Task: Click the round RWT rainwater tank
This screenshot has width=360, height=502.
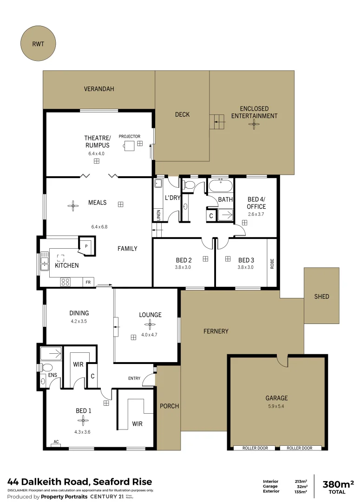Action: click(38, 45)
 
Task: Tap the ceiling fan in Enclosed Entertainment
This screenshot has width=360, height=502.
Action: click(254, 124)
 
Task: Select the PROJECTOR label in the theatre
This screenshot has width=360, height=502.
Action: click(129, 136)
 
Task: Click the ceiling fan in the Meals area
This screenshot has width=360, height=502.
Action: click(73, 205)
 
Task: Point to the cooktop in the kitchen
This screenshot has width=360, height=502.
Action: click(65, 282)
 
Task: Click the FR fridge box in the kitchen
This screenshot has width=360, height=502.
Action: click(88, 282)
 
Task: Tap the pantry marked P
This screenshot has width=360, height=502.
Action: click(86, 246)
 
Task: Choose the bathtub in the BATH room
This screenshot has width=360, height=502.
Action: click(220, 186)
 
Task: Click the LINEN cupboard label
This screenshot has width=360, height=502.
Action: click(158, 215)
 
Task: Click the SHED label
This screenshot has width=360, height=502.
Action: click(321, 296)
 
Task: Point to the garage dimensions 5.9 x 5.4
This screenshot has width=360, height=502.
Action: click(276, 406)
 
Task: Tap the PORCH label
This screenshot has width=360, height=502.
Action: click(169, 406)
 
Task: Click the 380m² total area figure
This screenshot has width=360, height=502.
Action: click(338, 484)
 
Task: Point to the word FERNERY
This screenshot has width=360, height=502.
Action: click(216, 331)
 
